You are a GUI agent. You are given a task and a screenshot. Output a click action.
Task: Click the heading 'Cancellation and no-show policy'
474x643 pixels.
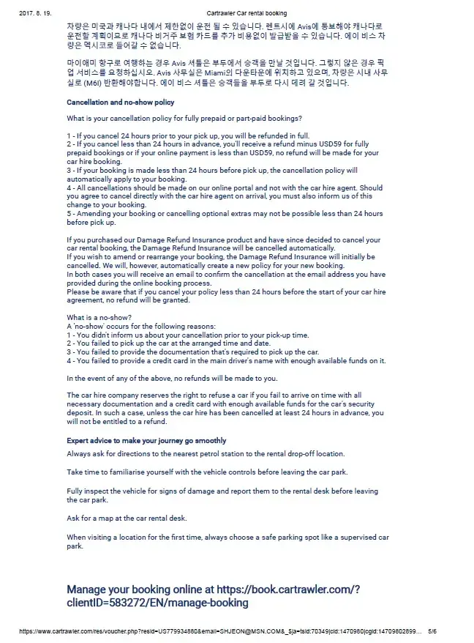(x=120, y=103)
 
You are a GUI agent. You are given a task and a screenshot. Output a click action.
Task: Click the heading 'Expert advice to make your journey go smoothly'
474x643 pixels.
(x=146, y=441)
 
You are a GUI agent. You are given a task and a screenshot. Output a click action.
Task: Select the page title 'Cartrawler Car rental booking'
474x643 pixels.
(x=247, y=13)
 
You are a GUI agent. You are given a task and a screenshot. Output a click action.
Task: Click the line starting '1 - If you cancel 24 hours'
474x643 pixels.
(x=188, y=136)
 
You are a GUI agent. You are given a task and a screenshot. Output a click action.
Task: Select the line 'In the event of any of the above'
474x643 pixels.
(x=172, y=378)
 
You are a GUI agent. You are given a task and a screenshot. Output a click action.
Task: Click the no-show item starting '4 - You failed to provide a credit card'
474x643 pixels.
(x=226, y=360)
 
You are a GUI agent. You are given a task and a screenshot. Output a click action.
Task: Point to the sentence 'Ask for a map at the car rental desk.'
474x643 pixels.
(x=127, y=518)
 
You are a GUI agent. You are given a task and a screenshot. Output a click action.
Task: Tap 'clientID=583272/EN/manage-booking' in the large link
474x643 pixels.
(x=157, y=603)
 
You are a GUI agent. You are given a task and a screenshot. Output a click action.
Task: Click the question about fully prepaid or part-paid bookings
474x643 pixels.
(x=184, y=119)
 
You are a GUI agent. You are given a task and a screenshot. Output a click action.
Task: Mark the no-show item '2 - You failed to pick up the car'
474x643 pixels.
(x=178, y=343)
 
